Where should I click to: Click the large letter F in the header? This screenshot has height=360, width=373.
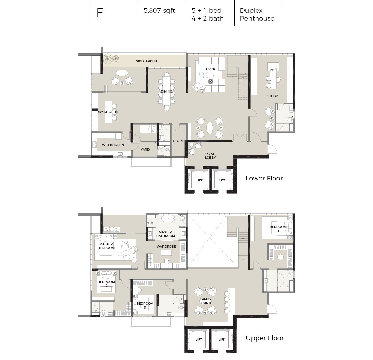[x=100, y=13]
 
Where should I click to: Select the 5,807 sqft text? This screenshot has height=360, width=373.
[x=159, y=11]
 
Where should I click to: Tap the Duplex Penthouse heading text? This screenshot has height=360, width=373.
[x=257, y=14]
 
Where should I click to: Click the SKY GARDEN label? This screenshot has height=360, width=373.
[x=146, y=61]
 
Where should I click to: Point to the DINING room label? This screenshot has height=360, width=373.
[x=167, y=92]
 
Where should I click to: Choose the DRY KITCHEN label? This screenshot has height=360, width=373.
[x=107, y=112]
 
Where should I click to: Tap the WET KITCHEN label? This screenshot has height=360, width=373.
[x=113, y=145]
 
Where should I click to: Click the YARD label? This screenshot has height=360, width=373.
[x=145, y=149]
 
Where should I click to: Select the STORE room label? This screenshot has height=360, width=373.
[x=178, y=141]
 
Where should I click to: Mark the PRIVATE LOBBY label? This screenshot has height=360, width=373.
[x=210, y=156]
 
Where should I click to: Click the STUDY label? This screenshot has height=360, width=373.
[x=272, y=96]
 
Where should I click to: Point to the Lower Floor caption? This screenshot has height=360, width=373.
[x=264, y=178]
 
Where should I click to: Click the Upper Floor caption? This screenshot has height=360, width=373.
[x=265, y=338]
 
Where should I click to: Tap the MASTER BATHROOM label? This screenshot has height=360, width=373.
[x=165, y=234]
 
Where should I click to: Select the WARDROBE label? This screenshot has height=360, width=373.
[x=166, y=246]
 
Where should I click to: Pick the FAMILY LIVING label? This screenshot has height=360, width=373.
[x=206, y=301]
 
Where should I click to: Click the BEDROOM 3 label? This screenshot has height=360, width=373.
[x=145, y=305]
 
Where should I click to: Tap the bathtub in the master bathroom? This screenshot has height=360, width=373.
[x=169, y=218]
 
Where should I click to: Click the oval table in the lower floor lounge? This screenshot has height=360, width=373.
[x=210, y=128]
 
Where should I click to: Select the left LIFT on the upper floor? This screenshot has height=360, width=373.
[x=199, y=339]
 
